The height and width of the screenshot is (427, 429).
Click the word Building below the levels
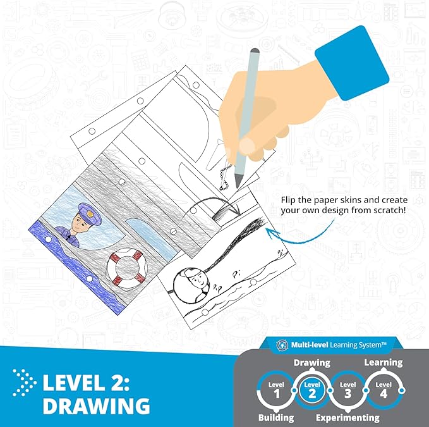(x=277, y=418)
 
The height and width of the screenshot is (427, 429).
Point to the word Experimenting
(x=347, y=418)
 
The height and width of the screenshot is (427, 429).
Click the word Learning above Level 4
(x=383, y=362)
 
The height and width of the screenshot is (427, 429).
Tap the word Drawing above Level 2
(x=311, y=362)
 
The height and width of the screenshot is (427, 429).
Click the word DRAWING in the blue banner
(x=96, y=405)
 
